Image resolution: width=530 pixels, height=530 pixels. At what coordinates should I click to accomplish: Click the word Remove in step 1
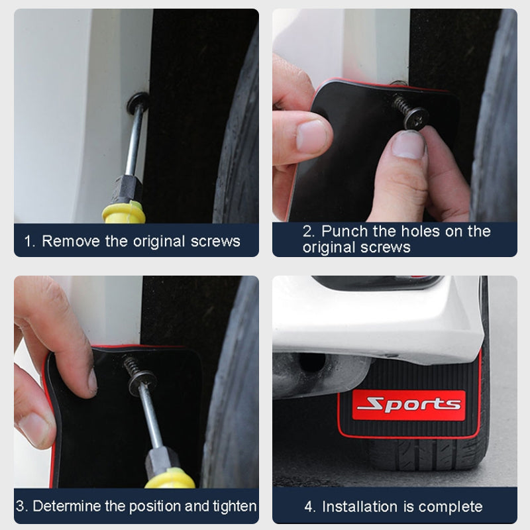(71, 241)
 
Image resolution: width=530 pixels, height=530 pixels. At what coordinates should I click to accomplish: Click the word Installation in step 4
(360, 507)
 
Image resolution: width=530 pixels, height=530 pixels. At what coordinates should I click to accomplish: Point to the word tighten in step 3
(235, 507)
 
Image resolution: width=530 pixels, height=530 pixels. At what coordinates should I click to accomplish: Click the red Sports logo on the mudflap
(409, 405)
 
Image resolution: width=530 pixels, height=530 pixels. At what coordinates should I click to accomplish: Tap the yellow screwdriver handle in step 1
(124, 212)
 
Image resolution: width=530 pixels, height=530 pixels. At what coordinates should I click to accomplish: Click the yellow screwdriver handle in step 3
(171, 478)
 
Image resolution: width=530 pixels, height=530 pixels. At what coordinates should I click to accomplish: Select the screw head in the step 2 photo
(416, 118)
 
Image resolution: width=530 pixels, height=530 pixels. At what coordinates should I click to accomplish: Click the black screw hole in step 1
(137, 103)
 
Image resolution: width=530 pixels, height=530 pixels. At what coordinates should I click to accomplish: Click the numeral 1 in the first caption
(29, 242)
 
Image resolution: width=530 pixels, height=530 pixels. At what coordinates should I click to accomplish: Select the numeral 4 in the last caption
(310, 507)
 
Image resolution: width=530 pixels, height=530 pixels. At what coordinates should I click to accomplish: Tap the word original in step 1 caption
(159, 242)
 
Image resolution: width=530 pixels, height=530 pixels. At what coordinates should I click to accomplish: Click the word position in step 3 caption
(155, 507)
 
